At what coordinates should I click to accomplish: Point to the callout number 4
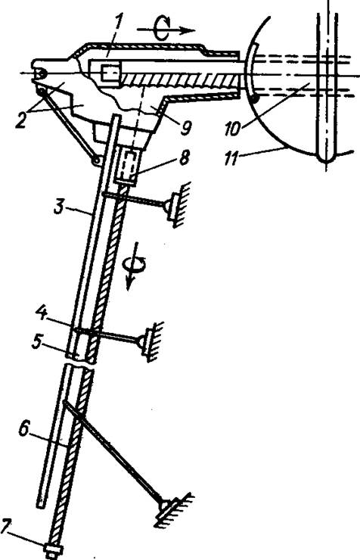42,315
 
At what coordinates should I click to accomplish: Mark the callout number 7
7,527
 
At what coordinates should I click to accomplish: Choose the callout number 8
185,158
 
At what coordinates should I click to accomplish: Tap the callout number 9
185,127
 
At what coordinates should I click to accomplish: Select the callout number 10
233,127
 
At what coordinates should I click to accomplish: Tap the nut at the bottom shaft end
54,549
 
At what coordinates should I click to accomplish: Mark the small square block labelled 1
108,73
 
